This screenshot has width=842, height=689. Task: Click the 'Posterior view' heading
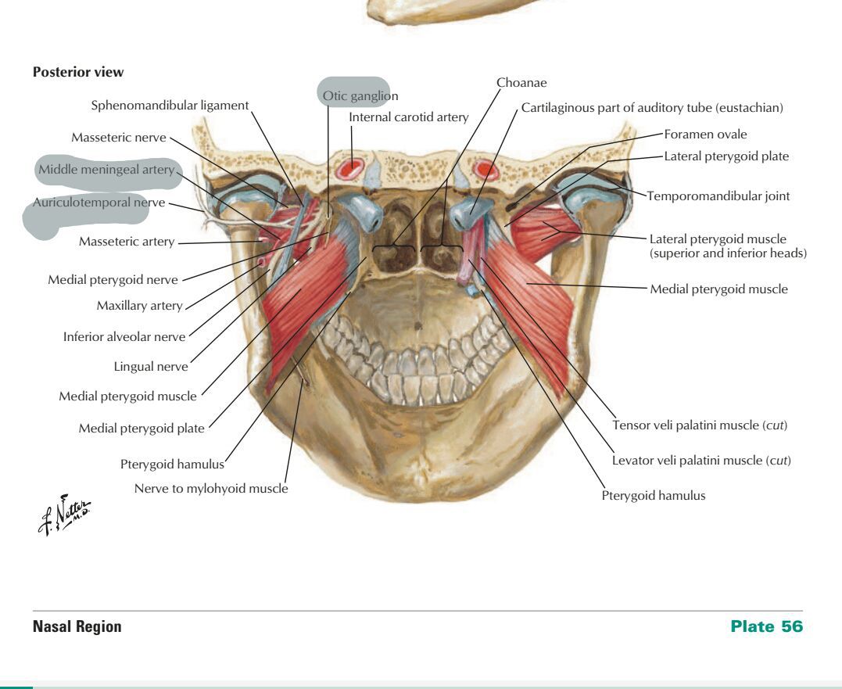click(x=78, y=72)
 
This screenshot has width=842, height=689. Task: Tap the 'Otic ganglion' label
click(x=360, y=96)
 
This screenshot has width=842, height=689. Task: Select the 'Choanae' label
click(x=521, y=83)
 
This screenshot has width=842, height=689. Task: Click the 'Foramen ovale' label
click(x=705, y=135)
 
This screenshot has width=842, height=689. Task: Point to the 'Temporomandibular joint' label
click(x=718, y=196)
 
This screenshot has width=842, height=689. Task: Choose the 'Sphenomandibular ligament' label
click(x=170, y=106)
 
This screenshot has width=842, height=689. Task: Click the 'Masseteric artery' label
click(x=127, y=242)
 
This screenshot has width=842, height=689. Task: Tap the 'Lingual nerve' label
click(x=151, y=366)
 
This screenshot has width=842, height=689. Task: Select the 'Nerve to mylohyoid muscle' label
click(x=211, y=488)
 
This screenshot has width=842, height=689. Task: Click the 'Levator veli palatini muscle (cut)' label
click(x=701, y=460)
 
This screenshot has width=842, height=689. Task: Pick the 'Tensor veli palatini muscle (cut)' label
click(x=700, y=425)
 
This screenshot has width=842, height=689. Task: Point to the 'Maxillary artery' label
click(x=140, y=306)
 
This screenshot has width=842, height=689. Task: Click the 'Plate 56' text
click(x=766, y=626)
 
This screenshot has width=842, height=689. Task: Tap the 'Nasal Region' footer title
click(x=77, y=626)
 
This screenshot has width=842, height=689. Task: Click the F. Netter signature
click(x=64, y=515)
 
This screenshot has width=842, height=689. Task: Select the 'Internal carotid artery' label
click(x=409, y=117)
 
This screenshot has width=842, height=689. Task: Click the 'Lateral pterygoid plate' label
click(x=726, y=156)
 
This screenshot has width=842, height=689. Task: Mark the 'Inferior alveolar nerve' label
click(x=124, y=337)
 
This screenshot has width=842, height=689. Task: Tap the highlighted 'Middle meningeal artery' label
click(x=106, y=170)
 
